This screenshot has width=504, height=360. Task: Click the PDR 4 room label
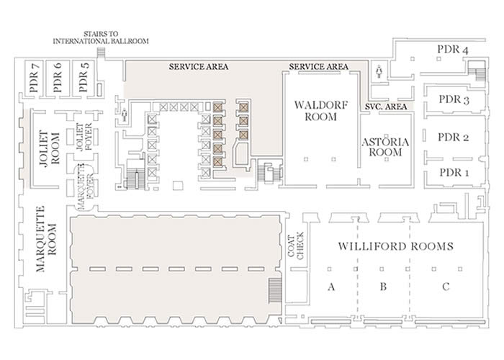(x=453, y=50)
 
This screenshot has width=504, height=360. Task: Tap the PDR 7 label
(x=34, y=77)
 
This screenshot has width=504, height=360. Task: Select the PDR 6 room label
(x=58, y=77)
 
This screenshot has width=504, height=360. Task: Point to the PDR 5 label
(x=84, y=77)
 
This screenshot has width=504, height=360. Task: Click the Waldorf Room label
(x=321, y=111)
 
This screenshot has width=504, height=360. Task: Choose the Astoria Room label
(x=385, y=147)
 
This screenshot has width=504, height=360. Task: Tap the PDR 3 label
(x=454, y=99)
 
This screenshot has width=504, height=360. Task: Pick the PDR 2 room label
(x=453, y=138)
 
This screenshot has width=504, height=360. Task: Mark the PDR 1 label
(x=454, y=173)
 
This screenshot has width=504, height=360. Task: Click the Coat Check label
(x=296, y=246)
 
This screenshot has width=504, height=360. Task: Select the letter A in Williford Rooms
(x=331, y=287)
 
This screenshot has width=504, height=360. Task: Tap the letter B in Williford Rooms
(x=383, y=287)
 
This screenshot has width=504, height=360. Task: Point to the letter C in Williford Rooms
(x=446, y=287)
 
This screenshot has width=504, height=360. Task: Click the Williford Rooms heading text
(x=396, y=246)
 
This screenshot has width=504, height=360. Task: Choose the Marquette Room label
(x=46, y=239)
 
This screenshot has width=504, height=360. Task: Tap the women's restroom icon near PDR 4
(x=379, y=71)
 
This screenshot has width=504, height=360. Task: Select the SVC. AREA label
(x=386, y=107)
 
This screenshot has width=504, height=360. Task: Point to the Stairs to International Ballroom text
(x=101, y=37)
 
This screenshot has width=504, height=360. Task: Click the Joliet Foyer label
(x=84, y=138)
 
